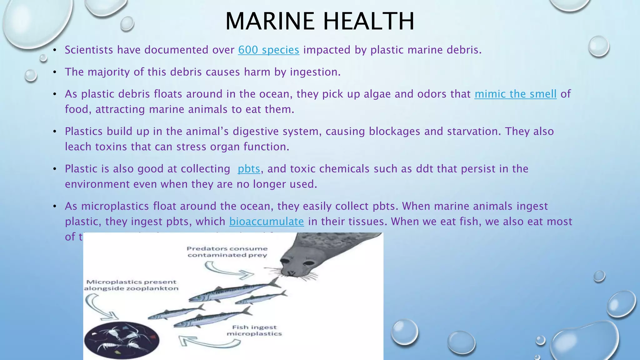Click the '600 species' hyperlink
pos(268,50)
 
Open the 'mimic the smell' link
pos(515,94)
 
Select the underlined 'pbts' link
pos(249,169)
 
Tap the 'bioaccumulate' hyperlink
pos(267,222)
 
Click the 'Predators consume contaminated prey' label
pos(227,252)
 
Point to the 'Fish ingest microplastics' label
pos(254,330)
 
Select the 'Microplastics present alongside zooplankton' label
pos(131,285)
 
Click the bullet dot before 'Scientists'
pos(54,50)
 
